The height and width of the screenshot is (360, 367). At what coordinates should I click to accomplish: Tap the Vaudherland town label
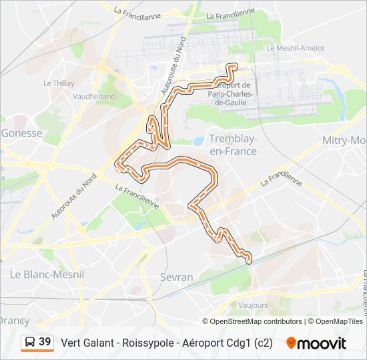click(94, 96)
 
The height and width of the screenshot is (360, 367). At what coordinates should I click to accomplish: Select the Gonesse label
click(22, 133)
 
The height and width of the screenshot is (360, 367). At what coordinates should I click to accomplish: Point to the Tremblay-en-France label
click(233, 145)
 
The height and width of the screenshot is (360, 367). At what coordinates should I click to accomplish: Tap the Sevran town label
click(177, 277)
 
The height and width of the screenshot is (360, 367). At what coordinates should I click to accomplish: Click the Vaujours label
click(253, 305)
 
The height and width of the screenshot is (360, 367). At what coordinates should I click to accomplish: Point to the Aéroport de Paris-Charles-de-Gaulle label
click(230, 93)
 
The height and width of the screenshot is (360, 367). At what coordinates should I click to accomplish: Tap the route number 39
click(45, 342)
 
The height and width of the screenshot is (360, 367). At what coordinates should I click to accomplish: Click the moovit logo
click(316, 343)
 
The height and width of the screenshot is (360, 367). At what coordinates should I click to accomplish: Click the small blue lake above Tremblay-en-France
click(199, 141)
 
